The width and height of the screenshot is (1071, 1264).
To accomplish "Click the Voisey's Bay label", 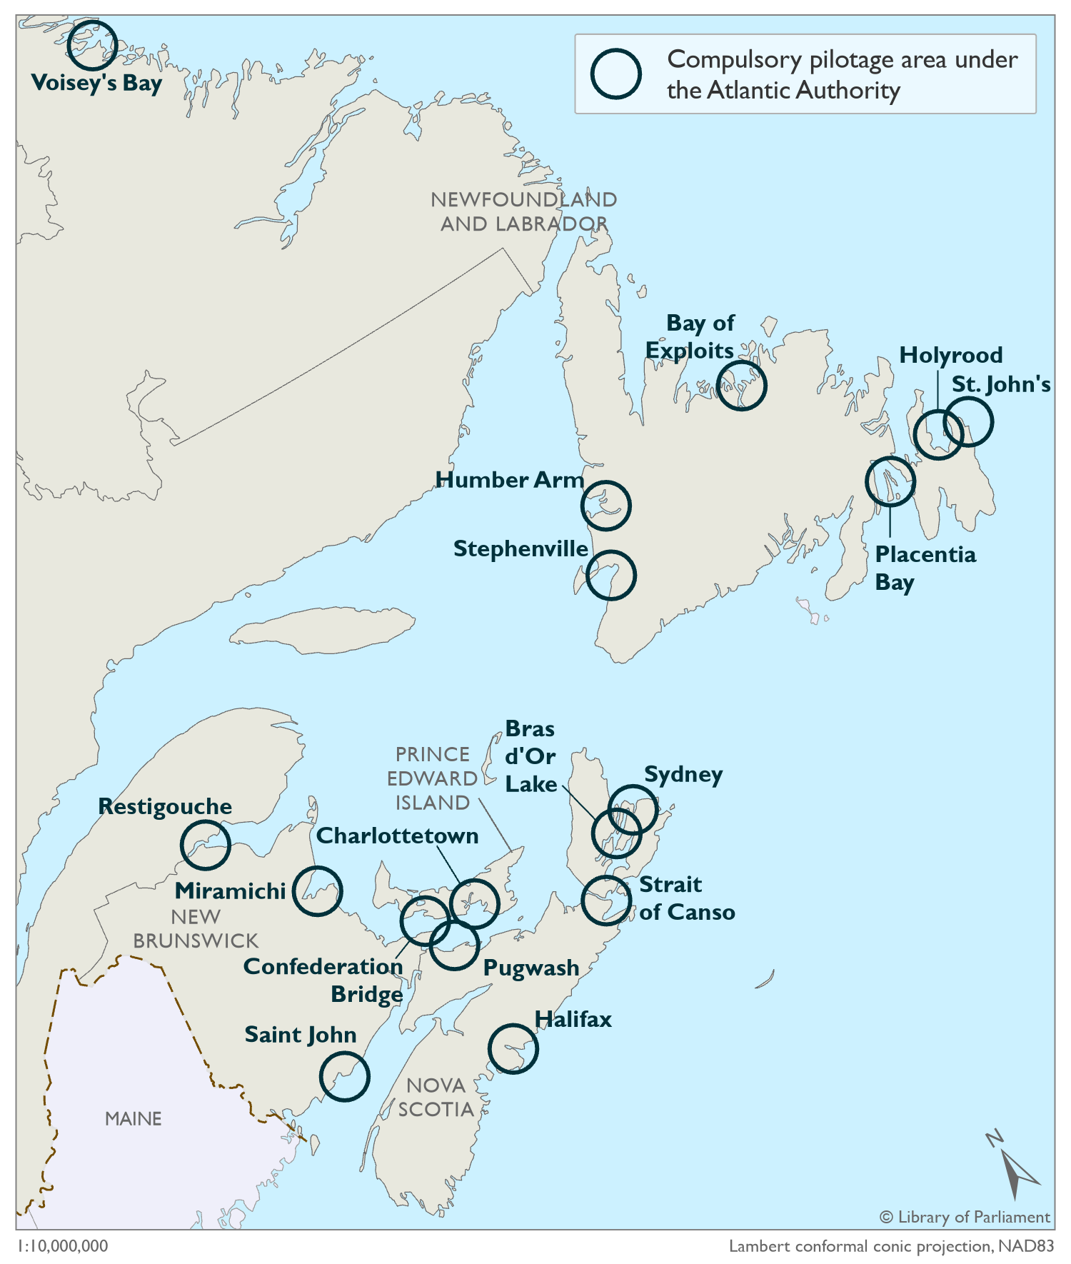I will point(96,83).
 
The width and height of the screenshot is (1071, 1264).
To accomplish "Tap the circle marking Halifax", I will point(513,1048).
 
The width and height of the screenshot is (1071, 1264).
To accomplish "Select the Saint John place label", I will point(300,1035).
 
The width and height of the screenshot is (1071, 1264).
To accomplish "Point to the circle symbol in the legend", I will point(615,74).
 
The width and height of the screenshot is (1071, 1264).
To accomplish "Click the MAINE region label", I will point(134,1118).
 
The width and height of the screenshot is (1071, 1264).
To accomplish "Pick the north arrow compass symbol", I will point(1013,1167).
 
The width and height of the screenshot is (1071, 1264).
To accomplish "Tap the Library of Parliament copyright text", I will point(965,1217).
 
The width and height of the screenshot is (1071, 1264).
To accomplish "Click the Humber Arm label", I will point(510,480).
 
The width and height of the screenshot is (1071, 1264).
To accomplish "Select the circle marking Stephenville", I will point(610,575).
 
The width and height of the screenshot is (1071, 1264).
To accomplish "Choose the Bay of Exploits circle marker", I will point(741,386).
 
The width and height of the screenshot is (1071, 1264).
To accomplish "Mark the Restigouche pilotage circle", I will point(206,845).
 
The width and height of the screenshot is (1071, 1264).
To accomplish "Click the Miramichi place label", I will point(230,891).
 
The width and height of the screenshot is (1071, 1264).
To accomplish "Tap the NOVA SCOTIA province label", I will point(436,1097).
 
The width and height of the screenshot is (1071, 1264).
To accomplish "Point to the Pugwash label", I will point(531,968).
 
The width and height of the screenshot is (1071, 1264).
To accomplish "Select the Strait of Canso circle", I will point(606,901).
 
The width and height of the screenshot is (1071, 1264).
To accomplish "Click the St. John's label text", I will point(1001,384).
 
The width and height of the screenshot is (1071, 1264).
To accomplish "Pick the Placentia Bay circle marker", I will point(890,481).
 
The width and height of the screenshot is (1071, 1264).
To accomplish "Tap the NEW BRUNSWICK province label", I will point(196,928).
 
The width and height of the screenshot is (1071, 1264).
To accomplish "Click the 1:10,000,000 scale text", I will point(63,1246).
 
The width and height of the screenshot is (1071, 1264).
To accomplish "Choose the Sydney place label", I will point(683,775).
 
